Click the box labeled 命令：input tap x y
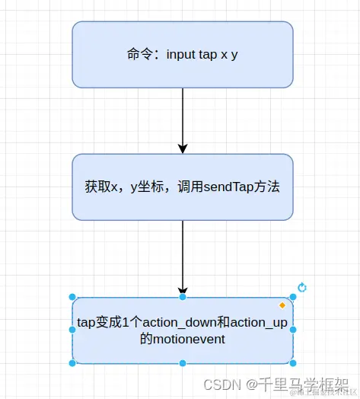click(183, 54)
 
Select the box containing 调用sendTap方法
click(183, 187)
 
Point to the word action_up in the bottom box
click(260, 322)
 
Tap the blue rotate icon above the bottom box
click(302, 287)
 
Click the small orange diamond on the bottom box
click(282, 305)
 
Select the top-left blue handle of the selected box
click(72, 297)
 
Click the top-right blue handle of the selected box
click(293, 297)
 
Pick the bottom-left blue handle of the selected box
click(72, 363)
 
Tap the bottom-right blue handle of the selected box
click(293, 363)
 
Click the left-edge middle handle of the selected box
click(72, 330)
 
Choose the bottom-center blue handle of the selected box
click(183, 363)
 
